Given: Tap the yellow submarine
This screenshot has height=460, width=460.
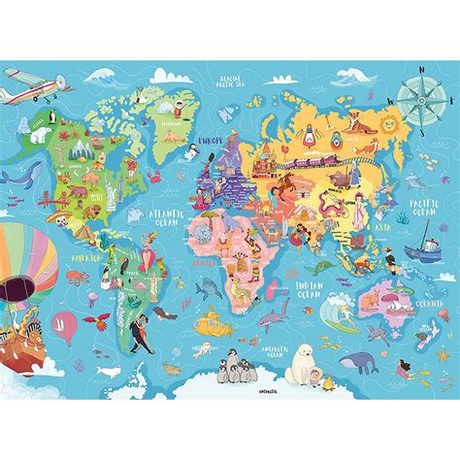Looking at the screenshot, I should point(207,320).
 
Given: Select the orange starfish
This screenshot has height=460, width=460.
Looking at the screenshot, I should point(173,369).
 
